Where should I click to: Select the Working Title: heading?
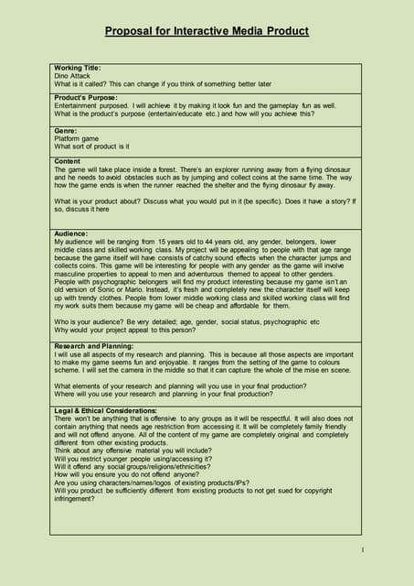[78, 68]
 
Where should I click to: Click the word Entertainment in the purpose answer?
[78, 104]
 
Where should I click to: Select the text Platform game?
[77, 139]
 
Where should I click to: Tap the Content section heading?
[68, 161]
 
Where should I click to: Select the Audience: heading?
[71, 233]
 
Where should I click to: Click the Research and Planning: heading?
[93, 346]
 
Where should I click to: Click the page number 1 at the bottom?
[362, 549]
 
